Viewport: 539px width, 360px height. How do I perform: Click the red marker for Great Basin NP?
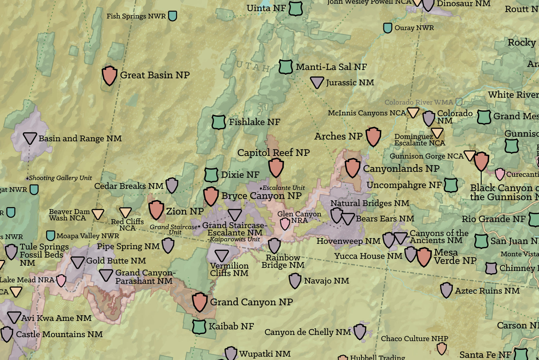click(109, 75)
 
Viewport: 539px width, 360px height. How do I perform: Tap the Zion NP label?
click(185, 211)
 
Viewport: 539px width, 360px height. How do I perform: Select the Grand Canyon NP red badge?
click(200, 302)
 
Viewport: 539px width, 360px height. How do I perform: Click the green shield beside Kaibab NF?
click(199, 326)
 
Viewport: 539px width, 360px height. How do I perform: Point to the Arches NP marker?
click(373, 136)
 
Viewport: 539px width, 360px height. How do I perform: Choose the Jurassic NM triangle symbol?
click(317, 82)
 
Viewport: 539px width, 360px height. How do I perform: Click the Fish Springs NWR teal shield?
click(172, 16)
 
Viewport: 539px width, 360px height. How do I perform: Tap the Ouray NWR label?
click(414, 28)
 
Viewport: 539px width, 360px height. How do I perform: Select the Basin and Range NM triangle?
click(30, 138)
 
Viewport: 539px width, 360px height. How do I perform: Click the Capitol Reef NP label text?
click(273, 153)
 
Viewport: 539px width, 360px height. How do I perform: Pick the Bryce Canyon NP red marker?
click(211, 196)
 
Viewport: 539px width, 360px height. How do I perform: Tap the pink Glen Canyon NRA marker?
click(285, 224)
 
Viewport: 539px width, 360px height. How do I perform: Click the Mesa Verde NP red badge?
click(424, 257)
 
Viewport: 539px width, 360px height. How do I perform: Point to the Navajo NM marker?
click(295, 281)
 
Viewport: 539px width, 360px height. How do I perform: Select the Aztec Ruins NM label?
click(487, 291)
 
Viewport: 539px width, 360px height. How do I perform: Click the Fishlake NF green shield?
click(219, 122)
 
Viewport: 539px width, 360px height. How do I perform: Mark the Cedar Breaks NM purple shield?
click(172, 186)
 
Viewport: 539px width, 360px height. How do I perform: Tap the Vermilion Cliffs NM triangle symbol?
click(222, 256)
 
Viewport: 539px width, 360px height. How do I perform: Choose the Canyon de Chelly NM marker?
click(360, 332)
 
